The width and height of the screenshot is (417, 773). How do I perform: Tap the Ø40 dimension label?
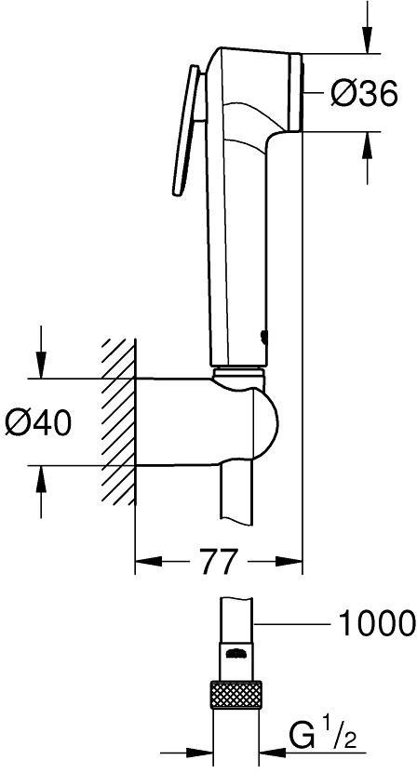coord(39,422)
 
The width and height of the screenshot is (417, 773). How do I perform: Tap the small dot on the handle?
coord(262,338)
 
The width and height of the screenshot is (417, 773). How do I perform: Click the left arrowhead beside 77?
coord(148,561)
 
